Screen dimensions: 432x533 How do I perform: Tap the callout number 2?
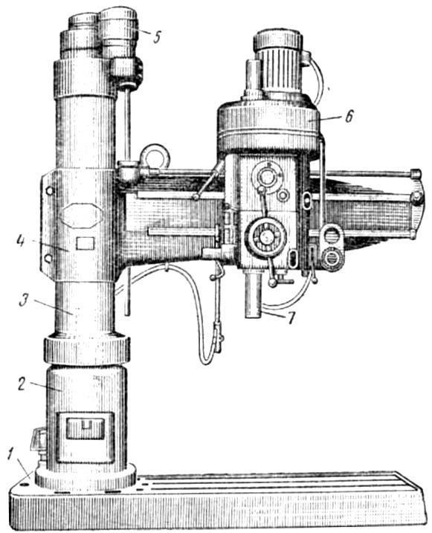tap(22, 383)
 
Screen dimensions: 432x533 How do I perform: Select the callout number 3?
tap(24, 300)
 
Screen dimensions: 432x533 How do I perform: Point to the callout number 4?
tap(21, 242)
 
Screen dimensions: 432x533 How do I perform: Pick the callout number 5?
tap(157, 36)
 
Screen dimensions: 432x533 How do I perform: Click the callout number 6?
tap(349, 117)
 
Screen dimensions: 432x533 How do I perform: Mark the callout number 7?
tap(290, 318)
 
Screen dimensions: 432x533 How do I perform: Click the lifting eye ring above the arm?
tap(155, 156)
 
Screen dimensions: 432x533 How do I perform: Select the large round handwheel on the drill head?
tap(265, 236)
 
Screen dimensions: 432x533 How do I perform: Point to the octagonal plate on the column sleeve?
tap(80, 215)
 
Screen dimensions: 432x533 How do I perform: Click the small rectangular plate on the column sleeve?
tap(85, 243)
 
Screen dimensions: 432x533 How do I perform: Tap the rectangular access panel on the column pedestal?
tap(85, 437)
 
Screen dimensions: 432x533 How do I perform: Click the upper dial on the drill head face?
tap(267, 177)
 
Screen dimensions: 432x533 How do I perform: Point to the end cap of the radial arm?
tap(417, 203)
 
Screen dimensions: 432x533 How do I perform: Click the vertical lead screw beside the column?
tap(127, 201)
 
